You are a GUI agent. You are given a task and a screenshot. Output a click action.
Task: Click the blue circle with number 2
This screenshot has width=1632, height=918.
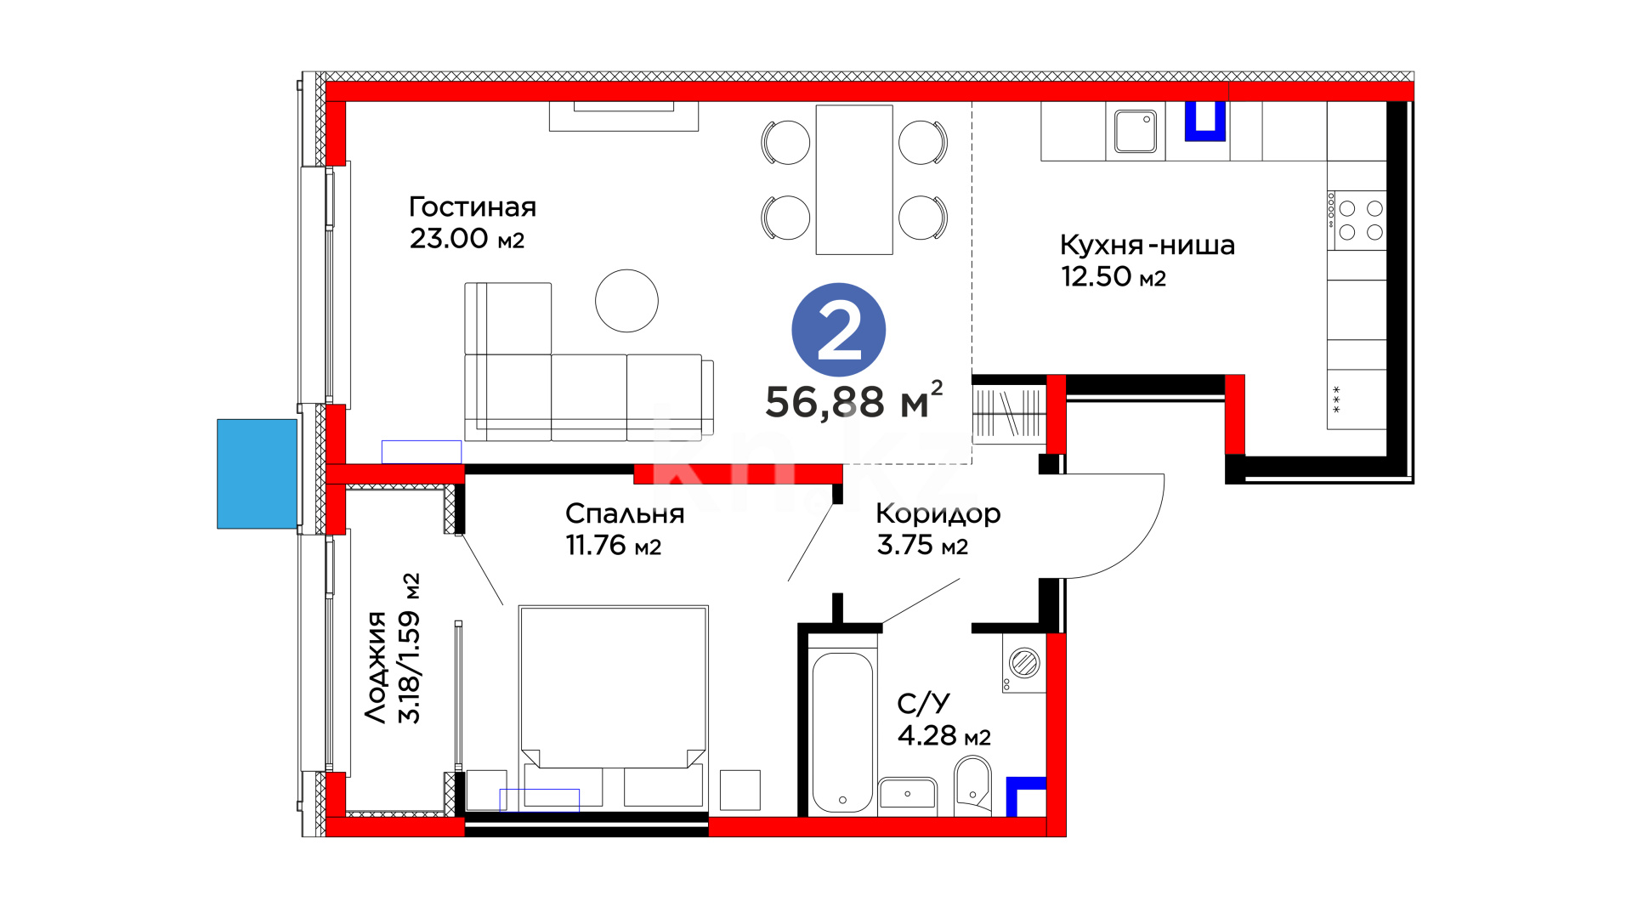click(x=838, y=330)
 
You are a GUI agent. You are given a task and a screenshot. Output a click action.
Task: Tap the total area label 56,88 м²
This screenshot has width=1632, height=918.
click(x=854, y=400)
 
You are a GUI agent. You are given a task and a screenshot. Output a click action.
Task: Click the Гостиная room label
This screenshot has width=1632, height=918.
click(x=473, y=207)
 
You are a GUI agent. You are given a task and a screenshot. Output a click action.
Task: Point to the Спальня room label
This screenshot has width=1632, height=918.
click(x=625, y=513)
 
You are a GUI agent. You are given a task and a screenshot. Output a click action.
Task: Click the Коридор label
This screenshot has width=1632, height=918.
click(x=938, y=515)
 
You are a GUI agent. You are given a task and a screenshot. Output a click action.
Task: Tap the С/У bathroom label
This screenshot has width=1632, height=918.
click(x=923, y=703)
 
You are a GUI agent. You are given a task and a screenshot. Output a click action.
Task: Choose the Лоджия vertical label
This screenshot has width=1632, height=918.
click(x=376, y=667)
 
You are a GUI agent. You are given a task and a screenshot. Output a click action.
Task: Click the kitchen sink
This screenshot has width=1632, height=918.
click(x=1136, y=132)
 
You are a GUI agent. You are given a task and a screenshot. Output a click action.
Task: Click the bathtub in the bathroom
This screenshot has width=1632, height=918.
click(x=842, y=731)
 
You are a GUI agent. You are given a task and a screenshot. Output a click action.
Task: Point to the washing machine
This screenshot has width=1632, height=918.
click(x=1024, y=663)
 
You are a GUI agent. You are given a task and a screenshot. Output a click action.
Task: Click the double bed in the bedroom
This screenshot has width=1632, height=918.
click(x=613, y=705)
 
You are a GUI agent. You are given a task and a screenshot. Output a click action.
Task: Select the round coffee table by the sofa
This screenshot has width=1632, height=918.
click(x=626, y=301)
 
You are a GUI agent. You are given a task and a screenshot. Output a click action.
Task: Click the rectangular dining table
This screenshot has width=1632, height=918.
click(x=854, y=180)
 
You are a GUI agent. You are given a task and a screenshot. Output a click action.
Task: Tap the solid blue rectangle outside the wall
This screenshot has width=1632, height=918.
click(x=258, y=473)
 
